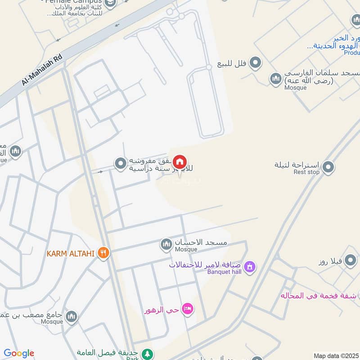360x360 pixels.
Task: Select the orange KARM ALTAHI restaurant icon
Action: click(x=103, y=253)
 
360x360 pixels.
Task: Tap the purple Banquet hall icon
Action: click(x=250, y=267)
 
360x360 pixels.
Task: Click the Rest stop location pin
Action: click(x=328, y=167)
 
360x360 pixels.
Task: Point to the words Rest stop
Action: click(x=306, y=172)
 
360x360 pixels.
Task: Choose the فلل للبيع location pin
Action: click(x=256, y=63)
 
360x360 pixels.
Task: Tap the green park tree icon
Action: click(x=147, y=354)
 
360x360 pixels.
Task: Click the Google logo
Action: click(x=19, y=353)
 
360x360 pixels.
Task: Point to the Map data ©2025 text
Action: click(x=336, y=356)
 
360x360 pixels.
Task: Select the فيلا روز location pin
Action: click(x=351, y=261)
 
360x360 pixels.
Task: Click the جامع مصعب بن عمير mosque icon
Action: click(x=71, y=317)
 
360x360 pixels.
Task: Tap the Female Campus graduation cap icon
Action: click(x=110, y=3)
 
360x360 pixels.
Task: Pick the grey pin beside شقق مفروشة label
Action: click(x=120, y=164)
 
